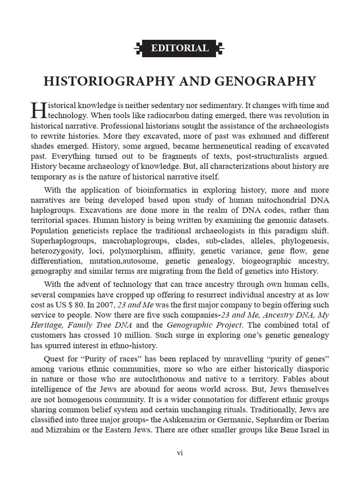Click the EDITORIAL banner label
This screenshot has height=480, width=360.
(x=180, y=48)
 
